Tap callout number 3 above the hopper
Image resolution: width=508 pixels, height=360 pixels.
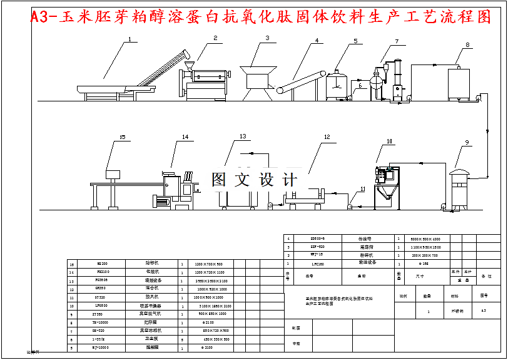pyautogui.click(x=267, y=38)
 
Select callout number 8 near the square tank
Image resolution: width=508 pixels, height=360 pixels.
pyautogui.click(x=467, y=44)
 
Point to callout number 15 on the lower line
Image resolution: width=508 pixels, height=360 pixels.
pyautogui.click(x=123, y=136)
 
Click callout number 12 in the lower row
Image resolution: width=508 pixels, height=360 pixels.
pyautogui.click(x=327, y=136)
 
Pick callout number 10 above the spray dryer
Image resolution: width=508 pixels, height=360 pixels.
pyautogui.click(x=389, y=141)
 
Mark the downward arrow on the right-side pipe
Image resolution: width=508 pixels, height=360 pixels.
pyautogui.click(x=489, y=130)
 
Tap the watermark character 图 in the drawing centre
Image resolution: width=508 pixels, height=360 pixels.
pyautogui.click(x=219, y=180)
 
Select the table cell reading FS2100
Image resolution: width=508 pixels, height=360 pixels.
pyautogui.click(x=102, y=272)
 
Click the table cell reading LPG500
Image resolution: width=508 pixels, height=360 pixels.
pyautogui.click(x=102, y=305)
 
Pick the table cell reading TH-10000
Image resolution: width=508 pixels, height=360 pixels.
pyautogui.click(x=102, y=321)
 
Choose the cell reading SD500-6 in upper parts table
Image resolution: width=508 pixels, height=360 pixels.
pyautogui.click(x=317, y=239)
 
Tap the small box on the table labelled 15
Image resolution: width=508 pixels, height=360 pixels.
pyautogui.click(x=113, y=173)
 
